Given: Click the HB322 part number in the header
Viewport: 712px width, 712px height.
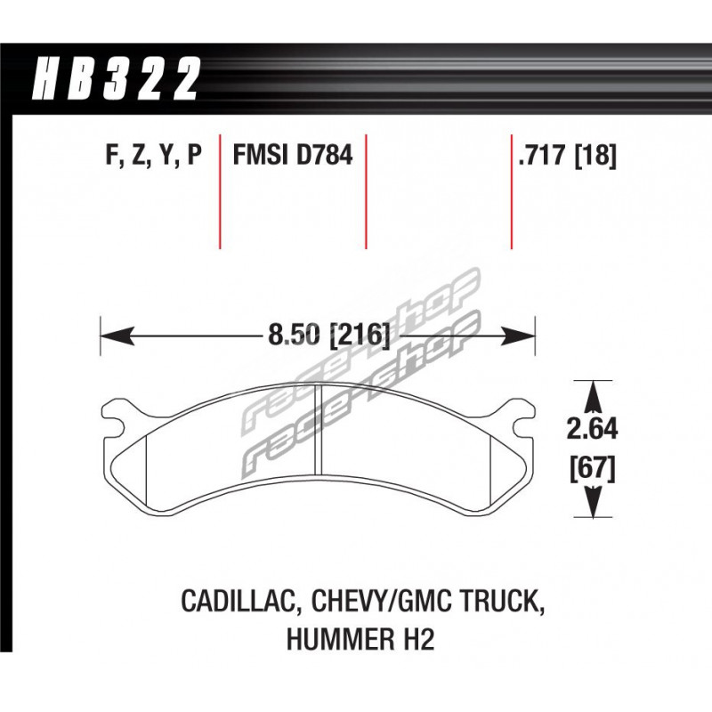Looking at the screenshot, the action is coord(116,78).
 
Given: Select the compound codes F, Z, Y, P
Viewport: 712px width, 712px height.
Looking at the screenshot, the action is coord(153,156).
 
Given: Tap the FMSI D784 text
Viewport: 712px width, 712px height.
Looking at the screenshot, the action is coord(293,155).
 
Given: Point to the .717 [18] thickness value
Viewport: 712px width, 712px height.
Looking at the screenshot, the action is coord(568,155).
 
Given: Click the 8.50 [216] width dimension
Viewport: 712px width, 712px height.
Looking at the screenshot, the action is coord(329,336).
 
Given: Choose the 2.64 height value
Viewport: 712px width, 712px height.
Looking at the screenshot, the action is coord(592,429).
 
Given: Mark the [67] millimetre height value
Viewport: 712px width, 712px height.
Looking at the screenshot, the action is coord(593,469).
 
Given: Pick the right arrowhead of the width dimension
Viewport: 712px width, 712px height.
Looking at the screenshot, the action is coord(519,337).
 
